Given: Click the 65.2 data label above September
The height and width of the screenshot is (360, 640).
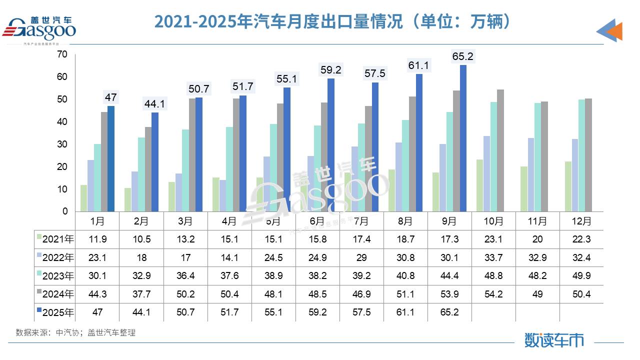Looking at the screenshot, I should pyautogui.click(x=462, y=56).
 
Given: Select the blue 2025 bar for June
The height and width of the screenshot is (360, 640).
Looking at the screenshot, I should pyautogui.click(x=330, y=145).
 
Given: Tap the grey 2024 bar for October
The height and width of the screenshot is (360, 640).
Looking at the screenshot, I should pyautogui.click(x=500, y=150).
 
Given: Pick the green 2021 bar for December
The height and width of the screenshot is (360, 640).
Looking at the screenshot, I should pyautogui.click(x=568, y=186).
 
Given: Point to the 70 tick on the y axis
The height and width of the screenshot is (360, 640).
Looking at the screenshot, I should pyautogui.click(x=62, y=54).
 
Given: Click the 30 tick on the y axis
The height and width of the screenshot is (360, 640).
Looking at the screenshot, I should pyautogui.click(x=62, y=144).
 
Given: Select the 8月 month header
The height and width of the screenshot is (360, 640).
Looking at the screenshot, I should pyautogui.click(x=405, y=220).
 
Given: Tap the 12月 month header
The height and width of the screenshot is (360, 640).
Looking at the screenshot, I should pyautogui.click(x=581, y=220).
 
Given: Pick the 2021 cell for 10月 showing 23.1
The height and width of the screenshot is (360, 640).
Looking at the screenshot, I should pyautogui.click(x=493, y=239).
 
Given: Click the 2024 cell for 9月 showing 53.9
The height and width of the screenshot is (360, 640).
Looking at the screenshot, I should pyautogui.click(x=449, y=294).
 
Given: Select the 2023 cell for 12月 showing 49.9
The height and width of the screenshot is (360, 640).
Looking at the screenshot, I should pyautogui.click(x=581, y=276).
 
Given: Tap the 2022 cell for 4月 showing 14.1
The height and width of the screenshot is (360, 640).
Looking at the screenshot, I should pyautogui.click(x=229, y=258).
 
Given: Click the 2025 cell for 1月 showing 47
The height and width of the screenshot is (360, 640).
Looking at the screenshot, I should pyautogui.click(x=97, y=312).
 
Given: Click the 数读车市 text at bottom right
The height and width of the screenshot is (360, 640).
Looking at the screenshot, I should pyautogui.click(x=554, y=340).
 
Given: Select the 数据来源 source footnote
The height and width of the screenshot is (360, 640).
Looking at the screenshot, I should pyautogui.click(x=75, y=332).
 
